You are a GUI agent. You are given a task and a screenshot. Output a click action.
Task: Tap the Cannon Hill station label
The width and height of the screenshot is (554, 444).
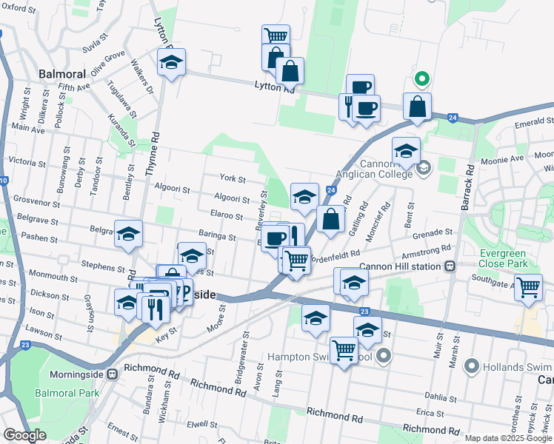coord(401,266)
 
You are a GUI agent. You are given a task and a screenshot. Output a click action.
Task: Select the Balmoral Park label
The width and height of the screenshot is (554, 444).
coord(65,393)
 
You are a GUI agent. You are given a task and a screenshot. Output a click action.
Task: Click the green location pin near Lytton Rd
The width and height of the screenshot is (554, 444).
coord(421,78)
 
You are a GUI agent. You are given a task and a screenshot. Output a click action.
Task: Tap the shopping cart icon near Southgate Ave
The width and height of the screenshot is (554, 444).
coord(528,286)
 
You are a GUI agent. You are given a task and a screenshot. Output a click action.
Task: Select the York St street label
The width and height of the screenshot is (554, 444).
coord(233,178)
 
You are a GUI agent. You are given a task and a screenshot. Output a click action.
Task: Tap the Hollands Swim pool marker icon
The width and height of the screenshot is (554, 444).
coord(469,366)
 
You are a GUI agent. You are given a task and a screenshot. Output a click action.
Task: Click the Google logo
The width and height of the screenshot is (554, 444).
coord(25,435)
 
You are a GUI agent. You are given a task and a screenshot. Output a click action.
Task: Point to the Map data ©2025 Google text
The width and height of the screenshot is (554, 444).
coord(507,438)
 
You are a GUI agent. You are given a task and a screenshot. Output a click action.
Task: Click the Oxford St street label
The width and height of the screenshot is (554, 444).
coord(20,8)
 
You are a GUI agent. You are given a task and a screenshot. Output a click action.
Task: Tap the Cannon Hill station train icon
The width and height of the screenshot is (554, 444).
coord(449,266)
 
